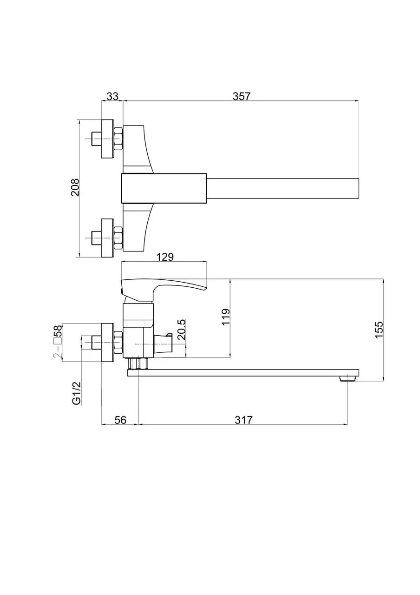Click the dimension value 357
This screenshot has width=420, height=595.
(x=242, y=96)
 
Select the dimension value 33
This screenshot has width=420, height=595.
(x=112, y=96)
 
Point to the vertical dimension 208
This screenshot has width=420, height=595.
(x=75, y=187)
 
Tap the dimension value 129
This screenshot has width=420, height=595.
(x=164, y=257)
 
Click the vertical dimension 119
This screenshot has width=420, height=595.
(x=226, y=317)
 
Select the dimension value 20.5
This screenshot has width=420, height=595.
(x=182, y=330)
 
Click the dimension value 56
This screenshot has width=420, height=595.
(x=120, y=420)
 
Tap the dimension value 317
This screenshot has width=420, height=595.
(x=243, y=420)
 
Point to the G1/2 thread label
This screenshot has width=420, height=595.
(x=77, y=393)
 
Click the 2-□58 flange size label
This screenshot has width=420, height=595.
(x=58, y=342)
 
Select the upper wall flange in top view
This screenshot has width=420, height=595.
(x=107, y=139)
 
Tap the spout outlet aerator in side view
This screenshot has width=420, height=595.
(x=348, y=378)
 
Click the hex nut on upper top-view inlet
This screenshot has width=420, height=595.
(x=118, y=139)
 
